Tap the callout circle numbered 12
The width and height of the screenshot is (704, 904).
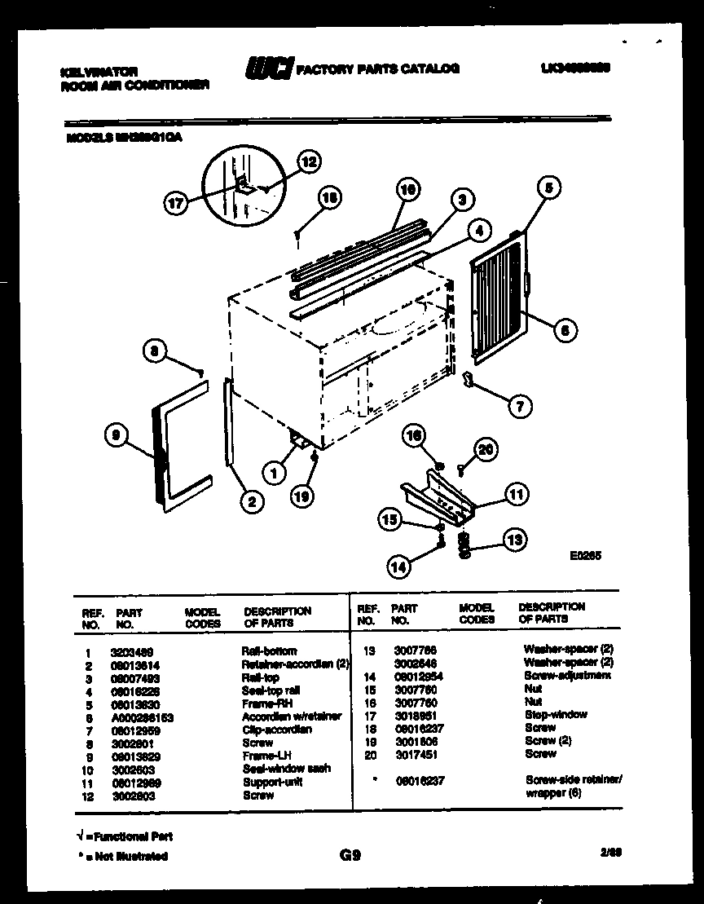[x=307, y=161]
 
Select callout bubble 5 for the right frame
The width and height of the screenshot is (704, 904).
[x=548, y=188]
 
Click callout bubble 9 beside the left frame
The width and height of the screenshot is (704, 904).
[x=117, y=436]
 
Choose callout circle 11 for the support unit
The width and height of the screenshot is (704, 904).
[x=515, y=494]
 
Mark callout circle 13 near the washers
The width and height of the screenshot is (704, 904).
[x=515, y=540]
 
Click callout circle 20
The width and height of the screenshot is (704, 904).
[x=484, y=450]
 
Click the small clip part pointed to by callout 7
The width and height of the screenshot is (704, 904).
[x=469, y=380]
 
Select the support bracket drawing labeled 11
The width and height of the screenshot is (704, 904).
[x=436, y=496]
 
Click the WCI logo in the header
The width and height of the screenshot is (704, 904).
[x=268, y=69]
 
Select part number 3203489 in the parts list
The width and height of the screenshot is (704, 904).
[x=130, y=651]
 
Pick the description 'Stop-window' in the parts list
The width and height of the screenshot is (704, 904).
[x=557, y=715]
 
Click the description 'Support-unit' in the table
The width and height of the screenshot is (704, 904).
[x=271, y=782]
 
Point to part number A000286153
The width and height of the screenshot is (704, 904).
[x=142, y=717]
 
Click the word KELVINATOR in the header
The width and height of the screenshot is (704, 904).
[x=99, y=72]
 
